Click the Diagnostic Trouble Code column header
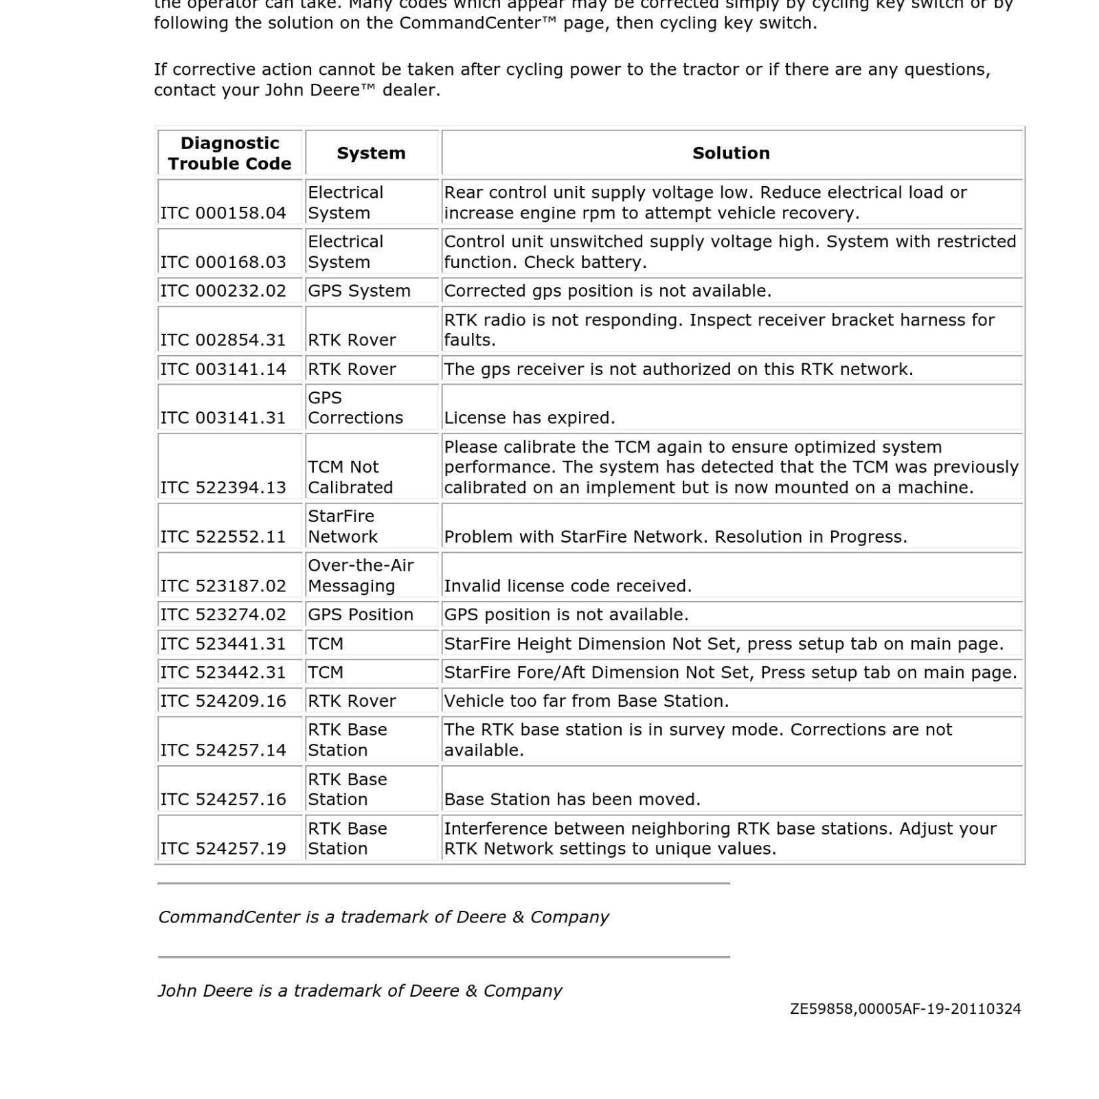click(x=229, y=153)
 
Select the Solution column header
click(x=731, y=153)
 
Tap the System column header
click(x=371, y=153)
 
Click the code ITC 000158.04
click(x=223, y=213)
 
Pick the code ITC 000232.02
click(x=223, y=291)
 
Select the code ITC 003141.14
click(x=223, y=369)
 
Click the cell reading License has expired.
click(x=530, y=418)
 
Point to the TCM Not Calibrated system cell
click(x=350, y=477)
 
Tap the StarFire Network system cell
click(x=342, y=526)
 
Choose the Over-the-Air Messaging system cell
click(x=361, y=576)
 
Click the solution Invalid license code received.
click(x=568, y=586)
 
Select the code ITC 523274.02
click(x=223, y=615)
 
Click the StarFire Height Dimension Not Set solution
click(x=724, y=644)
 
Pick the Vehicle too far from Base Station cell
click(x=587, y=701)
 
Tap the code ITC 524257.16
click(x=223, y=799)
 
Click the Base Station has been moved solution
click(x=572, y=799)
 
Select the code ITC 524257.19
click(x=223, y=848)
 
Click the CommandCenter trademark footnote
click(x=383, y=917)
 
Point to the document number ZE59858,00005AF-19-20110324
click(x=905, y=1009)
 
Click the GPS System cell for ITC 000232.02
click(x=359, y=291)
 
